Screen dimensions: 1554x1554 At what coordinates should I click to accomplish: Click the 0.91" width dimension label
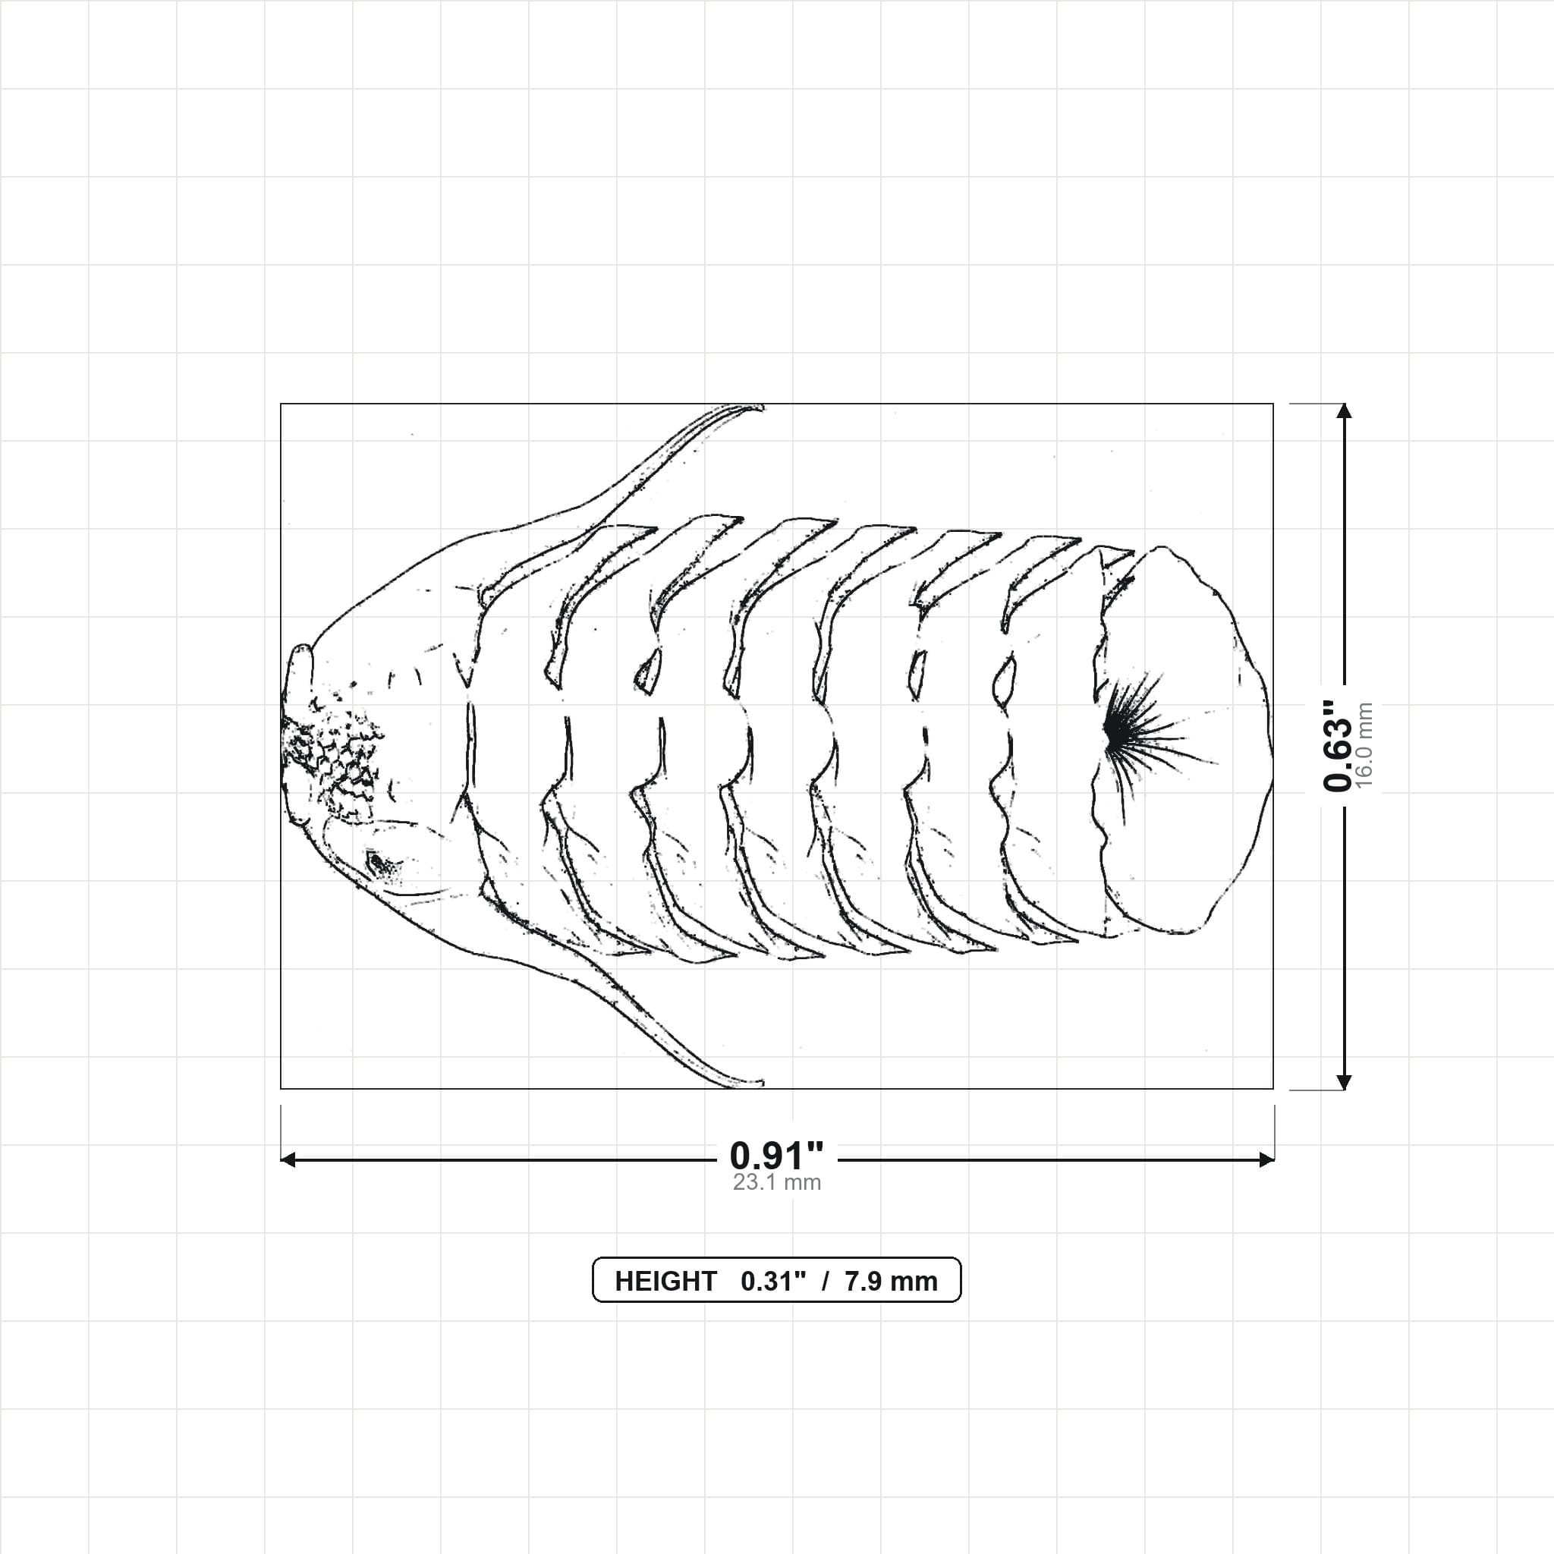[x=776, y=1156]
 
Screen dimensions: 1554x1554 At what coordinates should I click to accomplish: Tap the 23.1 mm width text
[x=776, y=1182]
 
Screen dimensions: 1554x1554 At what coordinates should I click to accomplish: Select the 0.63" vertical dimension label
[x=1339, y=746]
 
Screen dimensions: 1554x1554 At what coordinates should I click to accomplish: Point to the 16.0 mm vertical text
[x=1364, y=746]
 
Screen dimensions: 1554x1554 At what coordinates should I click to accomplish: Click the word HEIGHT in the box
[x=665, y=1282]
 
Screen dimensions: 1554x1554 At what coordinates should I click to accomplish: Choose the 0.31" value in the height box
[x=773, y=1282]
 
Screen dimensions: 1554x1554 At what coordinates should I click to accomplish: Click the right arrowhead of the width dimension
[x=1267, y=1159]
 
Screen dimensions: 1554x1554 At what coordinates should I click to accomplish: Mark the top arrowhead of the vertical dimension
[x=1343, y=411]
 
